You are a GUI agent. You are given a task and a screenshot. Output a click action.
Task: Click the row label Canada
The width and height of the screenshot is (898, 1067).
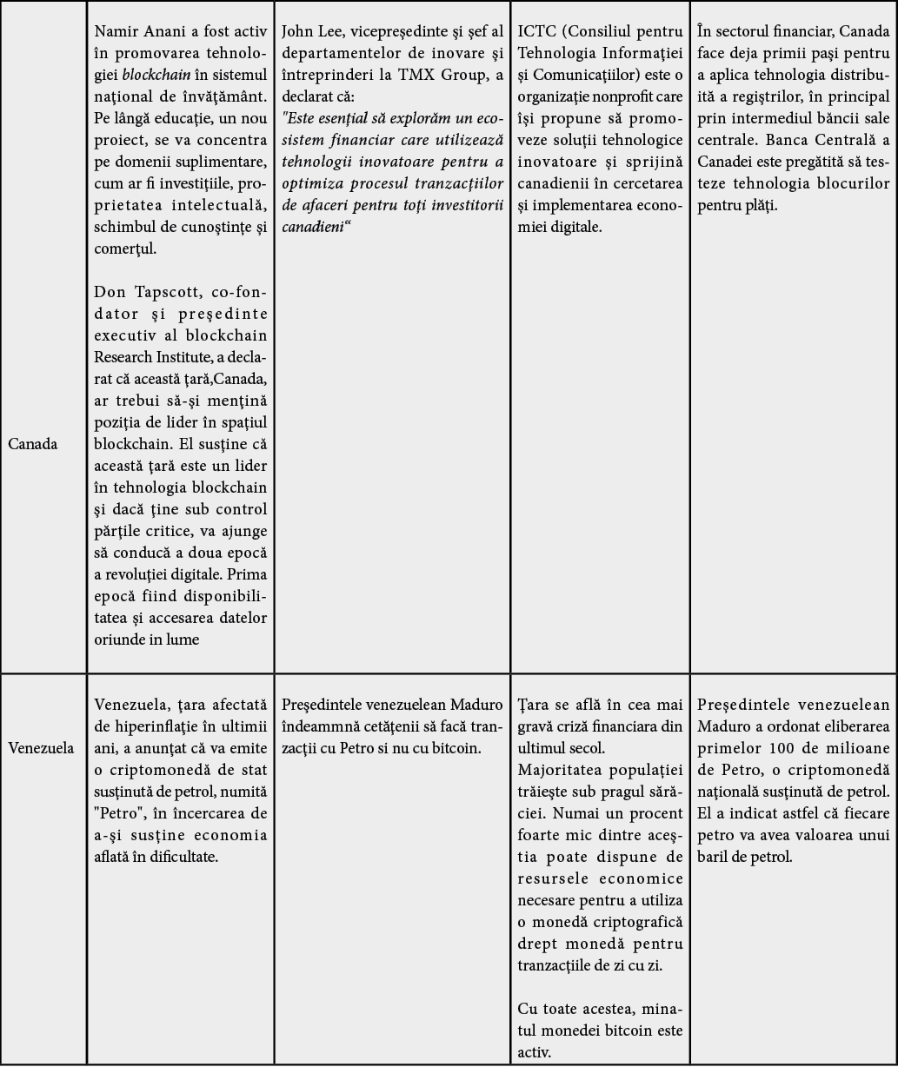[x=33, y=444]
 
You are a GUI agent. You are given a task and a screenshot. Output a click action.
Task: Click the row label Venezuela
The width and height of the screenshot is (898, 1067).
[x=41, y=747]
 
